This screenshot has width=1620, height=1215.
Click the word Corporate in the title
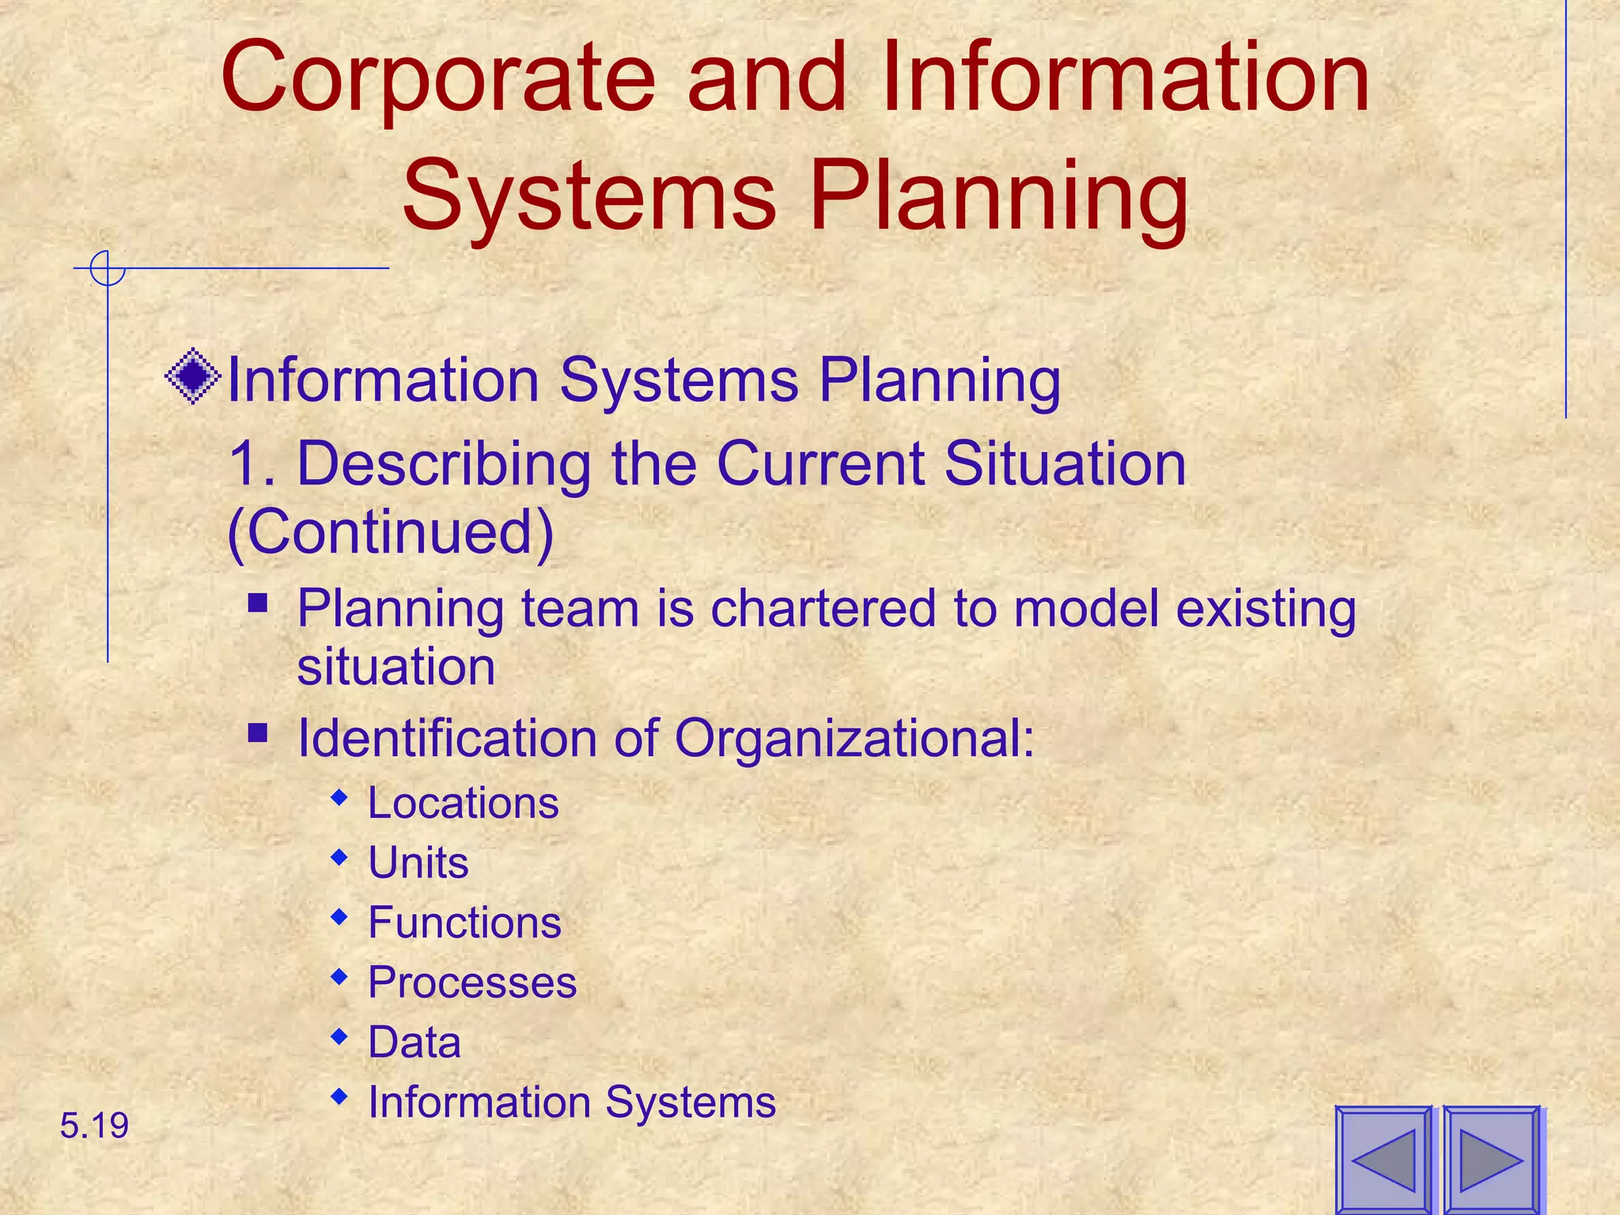(x=438, y=79)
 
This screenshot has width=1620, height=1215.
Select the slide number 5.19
(x=94, y=1126)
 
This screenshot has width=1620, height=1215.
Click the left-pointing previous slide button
(x=1383, y=1160)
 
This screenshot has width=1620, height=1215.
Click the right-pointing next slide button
(x=1491, y=1160)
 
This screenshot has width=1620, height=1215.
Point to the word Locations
(x=464, y=803)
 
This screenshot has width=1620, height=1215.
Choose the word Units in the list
(x=418, y=862)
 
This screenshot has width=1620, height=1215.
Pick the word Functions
(x=465, y=922)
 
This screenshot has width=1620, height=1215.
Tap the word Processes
(x=472, y=982)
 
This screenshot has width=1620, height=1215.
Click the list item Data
(x=414, y=1042)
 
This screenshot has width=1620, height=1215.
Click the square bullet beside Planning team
(x=257, y=604)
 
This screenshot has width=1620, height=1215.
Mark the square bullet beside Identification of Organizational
(x=257, y=734)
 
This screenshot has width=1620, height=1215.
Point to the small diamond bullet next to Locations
(x=339, y=798)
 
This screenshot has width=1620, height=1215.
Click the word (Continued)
(x=391, y=532)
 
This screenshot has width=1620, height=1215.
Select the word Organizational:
(x=854, y=738)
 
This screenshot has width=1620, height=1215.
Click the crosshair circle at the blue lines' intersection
(x=108, y=268)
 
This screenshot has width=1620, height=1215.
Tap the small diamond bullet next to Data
(x=339, y=1037)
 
